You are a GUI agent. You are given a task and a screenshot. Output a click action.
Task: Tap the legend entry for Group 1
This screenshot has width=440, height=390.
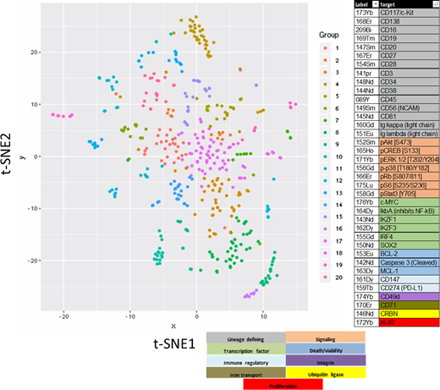(322, 50)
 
